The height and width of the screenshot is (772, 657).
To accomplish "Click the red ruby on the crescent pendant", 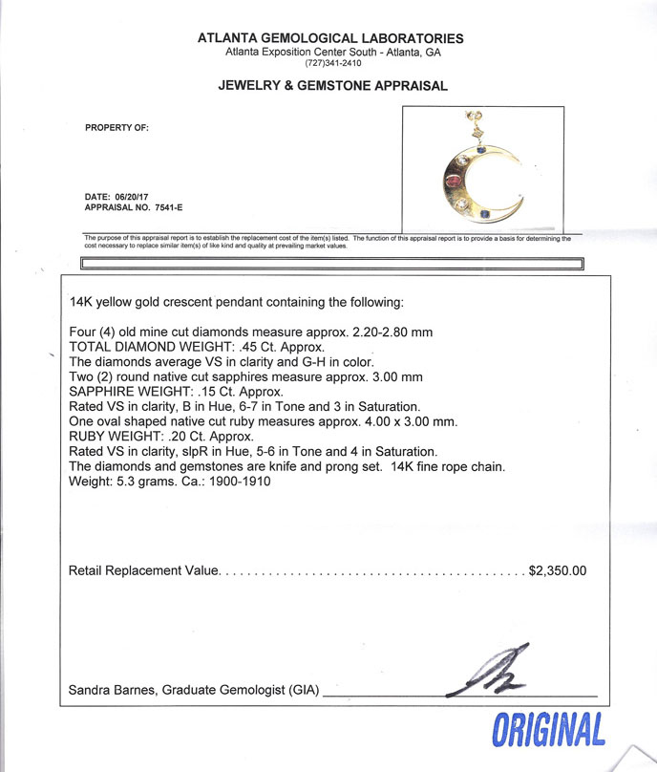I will click(456, 180).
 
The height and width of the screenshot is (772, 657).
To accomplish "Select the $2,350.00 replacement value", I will click(557, 570).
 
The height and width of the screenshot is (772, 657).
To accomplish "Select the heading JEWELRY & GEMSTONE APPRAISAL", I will click(332, 86).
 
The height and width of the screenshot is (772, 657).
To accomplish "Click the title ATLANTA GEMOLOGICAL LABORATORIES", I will click(330, 39).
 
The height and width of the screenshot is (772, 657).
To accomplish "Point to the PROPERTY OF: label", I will click(117, 127).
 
